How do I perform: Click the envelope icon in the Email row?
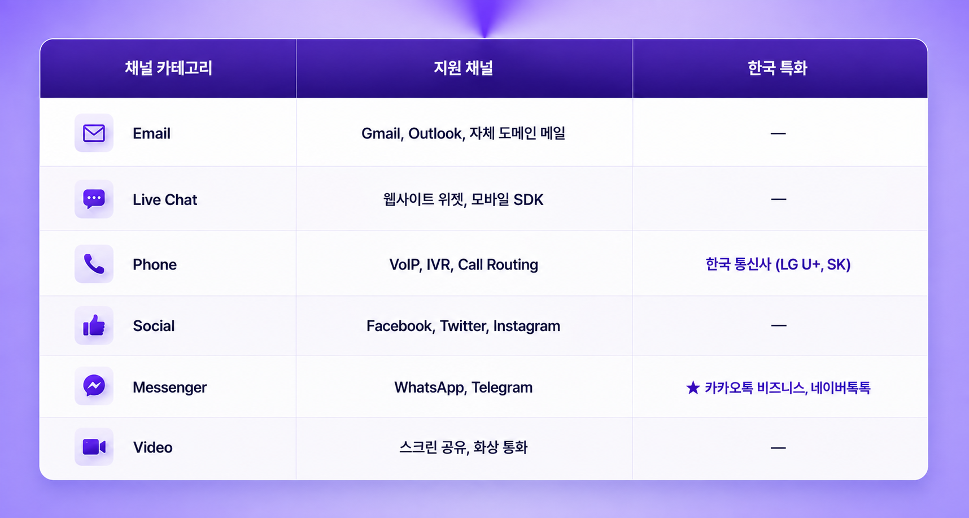click(94, 133)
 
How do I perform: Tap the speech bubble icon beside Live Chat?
click(94, 199)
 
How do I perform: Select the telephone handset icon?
click(94, 264)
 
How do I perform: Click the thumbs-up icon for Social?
click(94, 325)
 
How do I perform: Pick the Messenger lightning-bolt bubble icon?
click(94, 386)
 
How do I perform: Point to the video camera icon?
click(94, 447)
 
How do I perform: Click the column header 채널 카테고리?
click(168, 68)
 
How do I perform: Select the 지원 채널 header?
click(463, 68)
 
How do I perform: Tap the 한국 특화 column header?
click(778, 68)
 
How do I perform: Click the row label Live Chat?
click(165, 199)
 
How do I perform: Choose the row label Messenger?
click(170, 388)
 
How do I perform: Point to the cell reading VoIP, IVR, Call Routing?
click(464, 264)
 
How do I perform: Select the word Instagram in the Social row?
click(527, 326)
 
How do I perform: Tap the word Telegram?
click(502, 388)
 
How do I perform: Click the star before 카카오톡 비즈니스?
click(693, 388)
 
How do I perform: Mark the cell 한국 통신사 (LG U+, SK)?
click(778, 264)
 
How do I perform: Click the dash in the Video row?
click(778, 448)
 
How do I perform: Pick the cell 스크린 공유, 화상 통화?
click(464, 447)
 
